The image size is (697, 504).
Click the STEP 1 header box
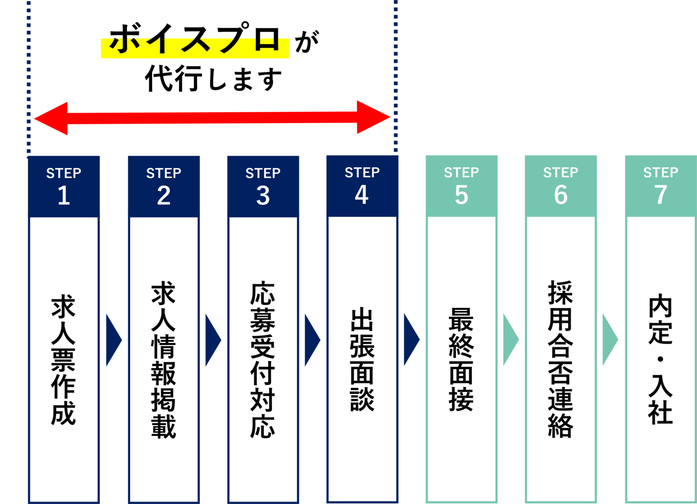click(64, 186)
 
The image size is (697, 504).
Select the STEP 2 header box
click(164, 186)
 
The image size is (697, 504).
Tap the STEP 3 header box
click(263, 186)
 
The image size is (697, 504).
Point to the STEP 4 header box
click(362, 186)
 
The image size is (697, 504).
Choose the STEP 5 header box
click(461, 186)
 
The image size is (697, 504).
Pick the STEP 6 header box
click(561, 186)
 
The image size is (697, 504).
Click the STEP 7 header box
click(661, 186)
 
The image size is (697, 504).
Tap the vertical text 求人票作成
click(64, 361)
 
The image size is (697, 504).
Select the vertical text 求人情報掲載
click(164, 361)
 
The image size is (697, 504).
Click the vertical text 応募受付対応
click(263, 361)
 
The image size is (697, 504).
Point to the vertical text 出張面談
click(362, 361)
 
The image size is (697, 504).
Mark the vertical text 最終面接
click(461, 361)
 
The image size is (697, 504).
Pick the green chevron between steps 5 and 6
click(510, 340)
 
